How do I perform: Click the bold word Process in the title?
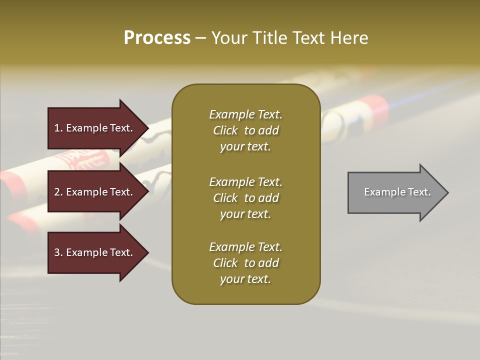pyautogui.click(x=157, y=38)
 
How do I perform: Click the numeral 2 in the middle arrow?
pyautogui.click(x=57, y=192)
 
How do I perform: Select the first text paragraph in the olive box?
pyautogui.click(x=245, y=130)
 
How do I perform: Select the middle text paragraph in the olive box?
pyautogui.click(x=245, y=198)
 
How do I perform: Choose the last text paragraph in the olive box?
pyautogui.click(x=245, y=263)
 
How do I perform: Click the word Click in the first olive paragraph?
pyautogui.click(x=225, y=130)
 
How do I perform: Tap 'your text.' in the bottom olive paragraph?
pyautogui.click(x=245, y=279)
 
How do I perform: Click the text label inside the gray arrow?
pyautogui.click(x=397, y=192)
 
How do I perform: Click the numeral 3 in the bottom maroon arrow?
pyautogui.click(x=57, y=252)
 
